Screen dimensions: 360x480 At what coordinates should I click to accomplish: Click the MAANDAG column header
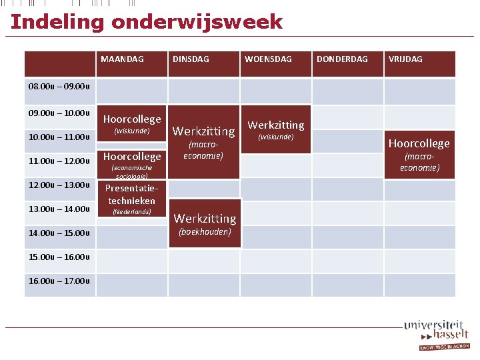122,59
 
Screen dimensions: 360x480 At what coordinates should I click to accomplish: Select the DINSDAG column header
191,59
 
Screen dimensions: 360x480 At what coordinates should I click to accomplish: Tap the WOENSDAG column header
268,59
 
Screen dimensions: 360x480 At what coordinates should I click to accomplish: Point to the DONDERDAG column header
342,59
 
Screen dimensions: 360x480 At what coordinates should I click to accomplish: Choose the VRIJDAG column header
405,59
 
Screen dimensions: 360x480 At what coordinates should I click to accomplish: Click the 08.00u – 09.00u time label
59,86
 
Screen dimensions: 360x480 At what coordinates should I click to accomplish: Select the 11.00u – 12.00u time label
59,161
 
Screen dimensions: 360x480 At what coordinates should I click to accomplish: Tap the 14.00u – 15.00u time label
59,233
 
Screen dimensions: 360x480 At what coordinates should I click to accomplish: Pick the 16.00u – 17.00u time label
59,281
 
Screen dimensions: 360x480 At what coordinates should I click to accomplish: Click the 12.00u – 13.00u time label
59,185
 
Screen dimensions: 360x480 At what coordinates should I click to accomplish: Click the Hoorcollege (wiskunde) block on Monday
131,125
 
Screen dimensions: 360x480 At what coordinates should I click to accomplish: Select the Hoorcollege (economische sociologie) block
131,163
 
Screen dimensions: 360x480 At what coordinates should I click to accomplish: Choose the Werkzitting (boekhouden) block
204,223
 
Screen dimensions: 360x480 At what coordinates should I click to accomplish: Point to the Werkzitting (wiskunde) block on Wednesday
276,129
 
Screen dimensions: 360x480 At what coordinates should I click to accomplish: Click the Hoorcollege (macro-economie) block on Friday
419,154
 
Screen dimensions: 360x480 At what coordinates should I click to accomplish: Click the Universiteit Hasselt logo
436,334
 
